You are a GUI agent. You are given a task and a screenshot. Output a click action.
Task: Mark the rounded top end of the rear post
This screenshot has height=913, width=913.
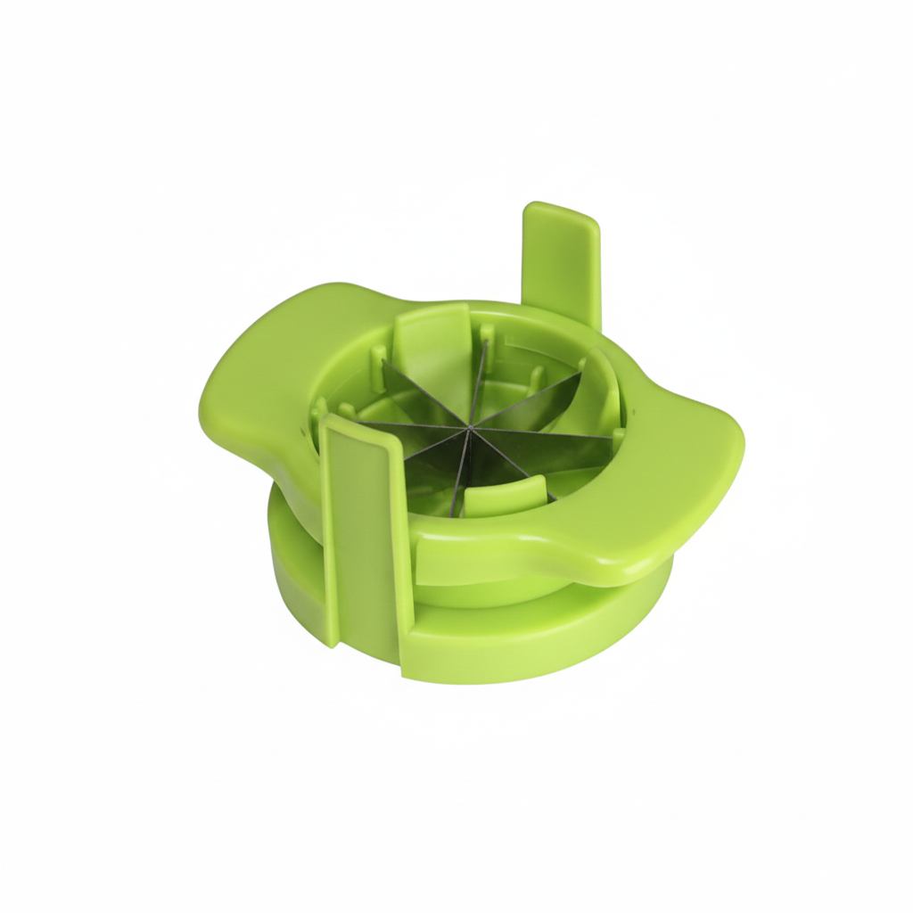coord(560,214)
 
